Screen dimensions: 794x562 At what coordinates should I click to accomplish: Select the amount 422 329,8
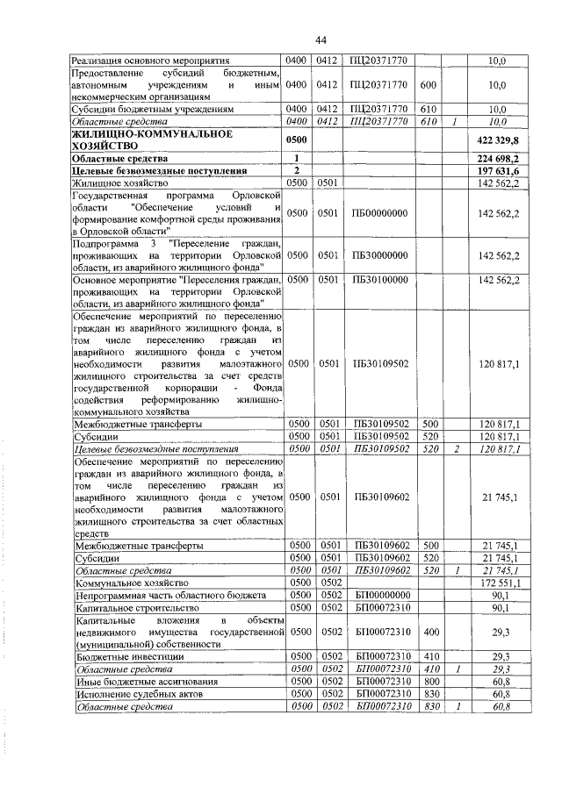click(x=497, y=139)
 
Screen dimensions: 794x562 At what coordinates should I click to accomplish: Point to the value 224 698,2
click(x=497, y=158)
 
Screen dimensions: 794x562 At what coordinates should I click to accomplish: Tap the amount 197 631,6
click(x=497, y=170)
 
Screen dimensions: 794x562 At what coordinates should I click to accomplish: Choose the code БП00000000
click(x=383, y=594)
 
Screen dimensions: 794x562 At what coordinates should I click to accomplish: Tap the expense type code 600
click(x=429, y=85)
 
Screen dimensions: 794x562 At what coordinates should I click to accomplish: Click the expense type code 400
click(x=429, y=631)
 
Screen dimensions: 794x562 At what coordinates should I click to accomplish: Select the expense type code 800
click(x=429, y=680)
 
